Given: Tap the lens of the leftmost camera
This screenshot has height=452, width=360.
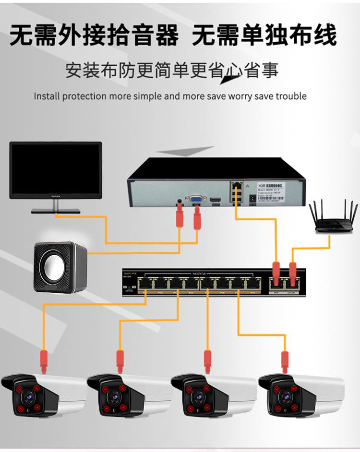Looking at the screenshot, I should click(27, 396).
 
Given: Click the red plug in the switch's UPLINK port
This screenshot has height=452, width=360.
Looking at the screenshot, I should click(292, 271).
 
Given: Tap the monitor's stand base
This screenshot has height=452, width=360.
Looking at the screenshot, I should click(56, 211).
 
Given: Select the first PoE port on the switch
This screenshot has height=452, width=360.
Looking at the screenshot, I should click(145, 284).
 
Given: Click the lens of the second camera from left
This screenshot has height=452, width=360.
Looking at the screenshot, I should click(113, 396).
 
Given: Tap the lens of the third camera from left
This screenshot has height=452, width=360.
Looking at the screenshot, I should click(198, 396).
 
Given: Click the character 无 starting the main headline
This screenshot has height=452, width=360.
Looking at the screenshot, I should click(22, 35).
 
